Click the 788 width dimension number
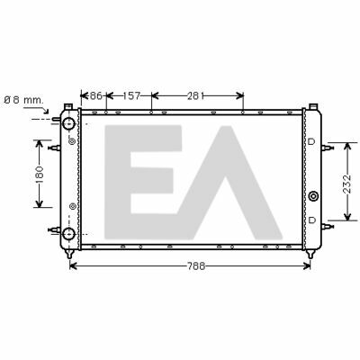(196, 265)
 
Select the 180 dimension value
(40, 175)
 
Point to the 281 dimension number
(196, 96)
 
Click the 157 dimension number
(131, 96)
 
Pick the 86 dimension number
(96, 96)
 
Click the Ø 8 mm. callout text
(24, 100)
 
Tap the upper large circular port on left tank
(68, 123)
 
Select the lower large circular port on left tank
(68, 233)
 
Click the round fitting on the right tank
(313, 196)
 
